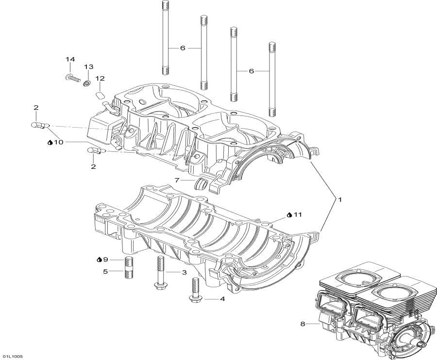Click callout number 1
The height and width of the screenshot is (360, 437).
(x=340, y=199)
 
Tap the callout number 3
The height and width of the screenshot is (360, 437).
(x=184, y=273)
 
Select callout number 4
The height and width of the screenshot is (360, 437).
(x=222, y=299)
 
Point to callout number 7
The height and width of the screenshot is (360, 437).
(x=178, y=180)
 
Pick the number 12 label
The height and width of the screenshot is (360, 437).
(x=100, y=78)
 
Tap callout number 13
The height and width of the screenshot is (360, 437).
(x=88, y=66)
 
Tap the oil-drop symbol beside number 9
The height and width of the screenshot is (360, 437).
(x=99, y=260)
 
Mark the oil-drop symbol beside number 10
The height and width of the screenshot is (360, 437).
(x=50, y=142)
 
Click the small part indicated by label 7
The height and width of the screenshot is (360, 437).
(x=201, y=184)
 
